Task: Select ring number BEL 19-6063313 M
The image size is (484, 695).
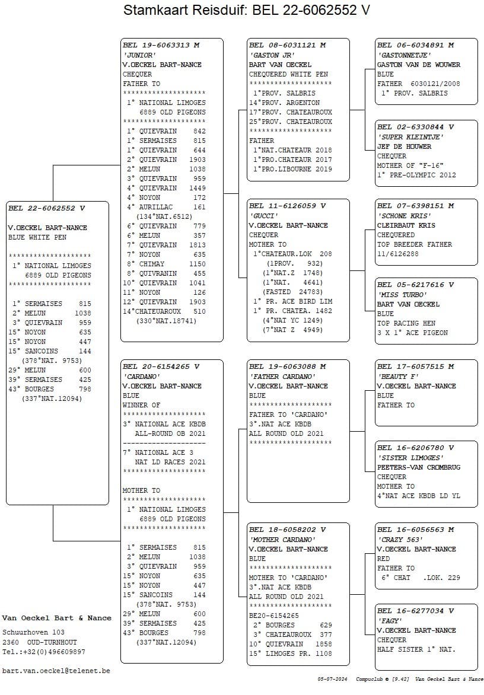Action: [161, 45]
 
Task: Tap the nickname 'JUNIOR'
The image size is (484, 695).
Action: [139, 55]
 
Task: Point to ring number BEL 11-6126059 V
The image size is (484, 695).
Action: [287, 206]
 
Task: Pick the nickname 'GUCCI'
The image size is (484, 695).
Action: [263, 216]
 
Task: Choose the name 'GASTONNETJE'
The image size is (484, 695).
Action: [404, 55]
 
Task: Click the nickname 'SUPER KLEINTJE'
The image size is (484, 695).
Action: [410, 137]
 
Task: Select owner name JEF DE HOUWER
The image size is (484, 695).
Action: [404, 146]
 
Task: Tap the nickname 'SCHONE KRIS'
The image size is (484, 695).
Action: [404, 216]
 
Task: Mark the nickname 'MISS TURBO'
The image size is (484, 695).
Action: [402, 295]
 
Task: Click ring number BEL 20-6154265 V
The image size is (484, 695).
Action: [161, 367]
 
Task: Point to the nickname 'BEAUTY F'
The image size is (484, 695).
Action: [397, 377]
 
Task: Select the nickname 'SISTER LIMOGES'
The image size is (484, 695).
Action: [410, 458]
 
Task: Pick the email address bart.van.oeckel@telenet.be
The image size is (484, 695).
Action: [56, 671]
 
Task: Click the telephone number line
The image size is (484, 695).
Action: [43, 652]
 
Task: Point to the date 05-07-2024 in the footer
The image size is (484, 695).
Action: [332, 679]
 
